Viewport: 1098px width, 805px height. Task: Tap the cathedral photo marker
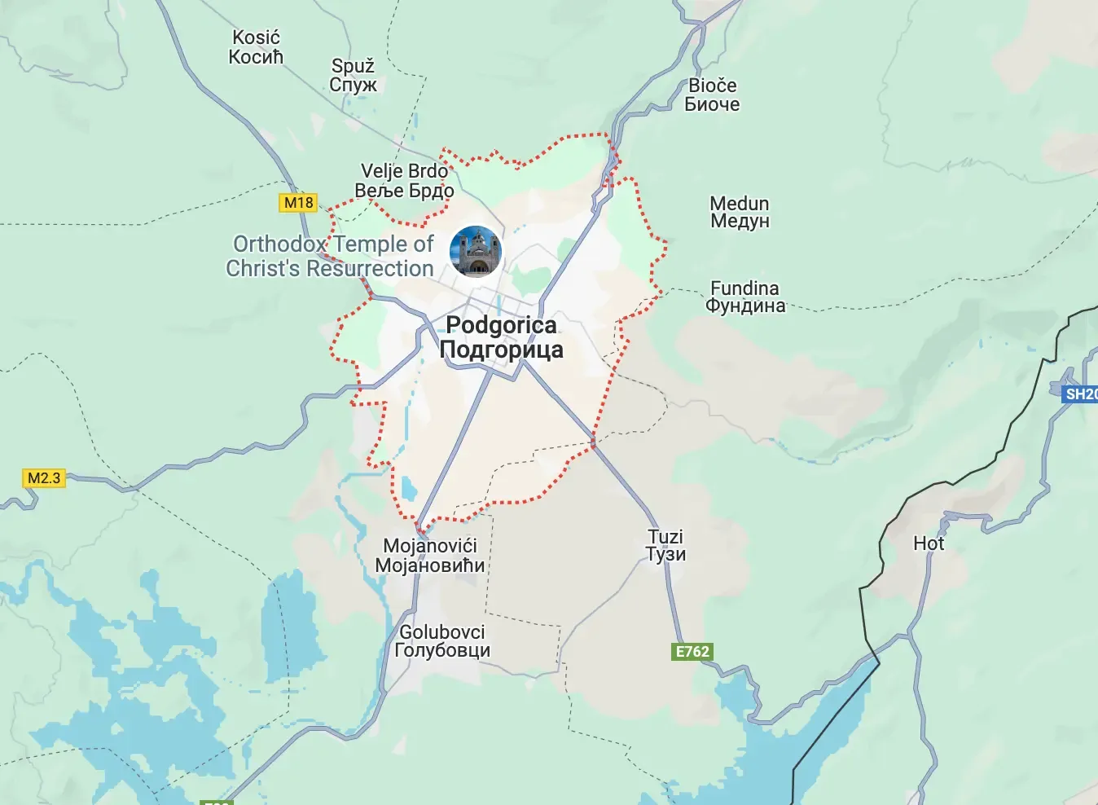pyautogui.click(x=476, y=251)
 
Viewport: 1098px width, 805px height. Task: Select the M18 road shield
pyautogui.click(x=298, y=203)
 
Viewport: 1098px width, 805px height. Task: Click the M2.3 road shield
pyautogui.click(x=44, y=478)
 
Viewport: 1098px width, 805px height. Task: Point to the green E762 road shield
pyautogui.click(x=692, y=651)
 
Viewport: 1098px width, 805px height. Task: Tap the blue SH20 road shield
pyautogui.click(x=1081, y=394)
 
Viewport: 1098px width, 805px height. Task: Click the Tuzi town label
pyautogui.click(x=665, y=545)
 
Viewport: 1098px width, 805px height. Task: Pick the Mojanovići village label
pyautogui.click(x=430, y=555)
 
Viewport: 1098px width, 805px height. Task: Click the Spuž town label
pyautogui.click(x=353, y=75)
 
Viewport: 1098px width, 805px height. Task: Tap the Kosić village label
pyautogui.click(x=256, y=46)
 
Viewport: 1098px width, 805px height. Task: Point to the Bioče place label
pyautogui.click(x=712, y=95)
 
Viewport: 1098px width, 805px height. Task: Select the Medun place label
pyautogui.click(x=739, y=212)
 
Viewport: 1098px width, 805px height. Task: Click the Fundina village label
pyautogui.click(x=744, y=297)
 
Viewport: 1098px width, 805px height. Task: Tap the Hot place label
pyautogui.click(x=928, y=543)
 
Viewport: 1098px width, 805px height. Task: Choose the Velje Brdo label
pyautogui.click(x=404, y=180)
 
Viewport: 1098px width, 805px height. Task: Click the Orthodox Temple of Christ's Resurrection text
pyautogui.click(x=331, y=256)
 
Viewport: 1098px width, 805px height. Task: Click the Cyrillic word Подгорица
pyautogui.click(x=501, y=350)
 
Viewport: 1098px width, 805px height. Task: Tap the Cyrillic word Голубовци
pyautogui.click(x=442, y=650)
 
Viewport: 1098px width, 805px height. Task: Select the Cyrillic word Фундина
pyautogui.click(x=745, y=306)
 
